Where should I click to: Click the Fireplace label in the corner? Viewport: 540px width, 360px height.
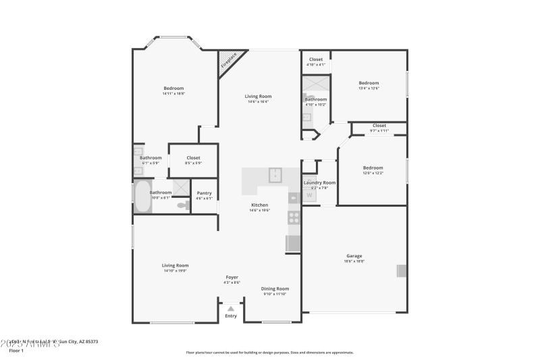[229, 61]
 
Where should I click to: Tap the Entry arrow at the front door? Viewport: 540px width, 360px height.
[231, 309]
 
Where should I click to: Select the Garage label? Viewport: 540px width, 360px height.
[354, 256]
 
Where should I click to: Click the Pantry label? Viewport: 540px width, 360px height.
[204, 193]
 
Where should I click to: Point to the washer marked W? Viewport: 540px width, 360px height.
[310, 196]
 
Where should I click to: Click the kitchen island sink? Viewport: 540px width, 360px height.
[275, 175]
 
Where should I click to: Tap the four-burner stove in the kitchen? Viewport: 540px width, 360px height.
[294, 217]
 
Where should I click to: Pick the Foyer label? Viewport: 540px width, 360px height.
[232, 278]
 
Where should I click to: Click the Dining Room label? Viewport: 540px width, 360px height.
[275, 288]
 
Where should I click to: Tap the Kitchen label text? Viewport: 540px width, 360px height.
[260, 205]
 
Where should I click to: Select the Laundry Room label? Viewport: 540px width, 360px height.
[319, 182]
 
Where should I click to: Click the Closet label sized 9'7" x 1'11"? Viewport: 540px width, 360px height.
[379, 126]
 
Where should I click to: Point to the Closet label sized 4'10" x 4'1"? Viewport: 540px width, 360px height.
[315, 59]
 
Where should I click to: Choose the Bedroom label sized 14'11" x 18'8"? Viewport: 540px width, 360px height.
[173, 88]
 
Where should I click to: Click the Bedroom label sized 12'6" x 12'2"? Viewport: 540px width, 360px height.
[373, 168]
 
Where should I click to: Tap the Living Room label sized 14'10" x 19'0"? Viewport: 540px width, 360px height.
[175, 265]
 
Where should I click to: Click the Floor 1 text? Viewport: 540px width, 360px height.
[16, 351]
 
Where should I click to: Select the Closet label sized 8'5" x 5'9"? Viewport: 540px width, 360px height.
[193, 158]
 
